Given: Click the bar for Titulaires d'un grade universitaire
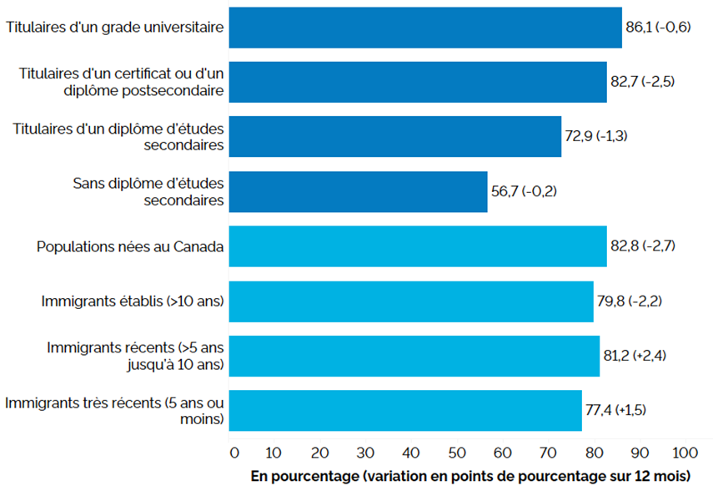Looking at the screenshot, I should tap(425, 28).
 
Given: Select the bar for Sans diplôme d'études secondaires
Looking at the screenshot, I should tap(358, 192).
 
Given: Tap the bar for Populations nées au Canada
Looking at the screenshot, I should tap(418, 247).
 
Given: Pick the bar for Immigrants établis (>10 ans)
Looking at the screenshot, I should tap(411, 301).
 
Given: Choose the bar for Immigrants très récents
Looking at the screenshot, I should tap(405, 411).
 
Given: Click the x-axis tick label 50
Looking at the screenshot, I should tap(458, 452).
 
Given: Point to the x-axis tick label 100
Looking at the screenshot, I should tap(685, 452).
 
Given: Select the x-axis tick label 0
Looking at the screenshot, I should tap(233, 452).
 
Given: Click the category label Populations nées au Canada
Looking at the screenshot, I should tap(130, 247).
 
